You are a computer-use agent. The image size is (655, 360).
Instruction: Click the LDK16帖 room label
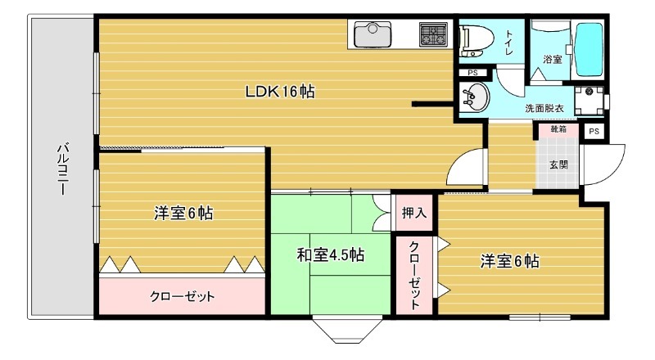point(280,92)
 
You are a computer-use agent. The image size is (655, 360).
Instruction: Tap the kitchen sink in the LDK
point(373,36)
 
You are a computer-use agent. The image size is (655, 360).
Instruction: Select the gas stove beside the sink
point(432,35)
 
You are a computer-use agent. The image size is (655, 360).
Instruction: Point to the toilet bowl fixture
point(474,39)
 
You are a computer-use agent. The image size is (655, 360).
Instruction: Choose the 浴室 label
point(553,59)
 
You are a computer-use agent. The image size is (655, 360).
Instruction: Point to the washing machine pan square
point(588,101)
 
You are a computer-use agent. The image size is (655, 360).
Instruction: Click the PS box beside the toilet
point(472,73)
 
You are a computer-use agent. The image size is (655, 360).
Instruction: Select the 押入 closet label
point(413,214)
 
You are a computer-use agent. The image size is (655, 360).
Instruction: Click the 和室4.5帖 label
point(330,255)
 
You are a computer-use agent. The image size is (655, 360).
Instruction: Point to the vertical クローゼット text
point(414,275)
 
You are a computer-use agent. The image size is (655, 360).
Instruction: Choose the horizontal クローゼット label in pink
point(182,296)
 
